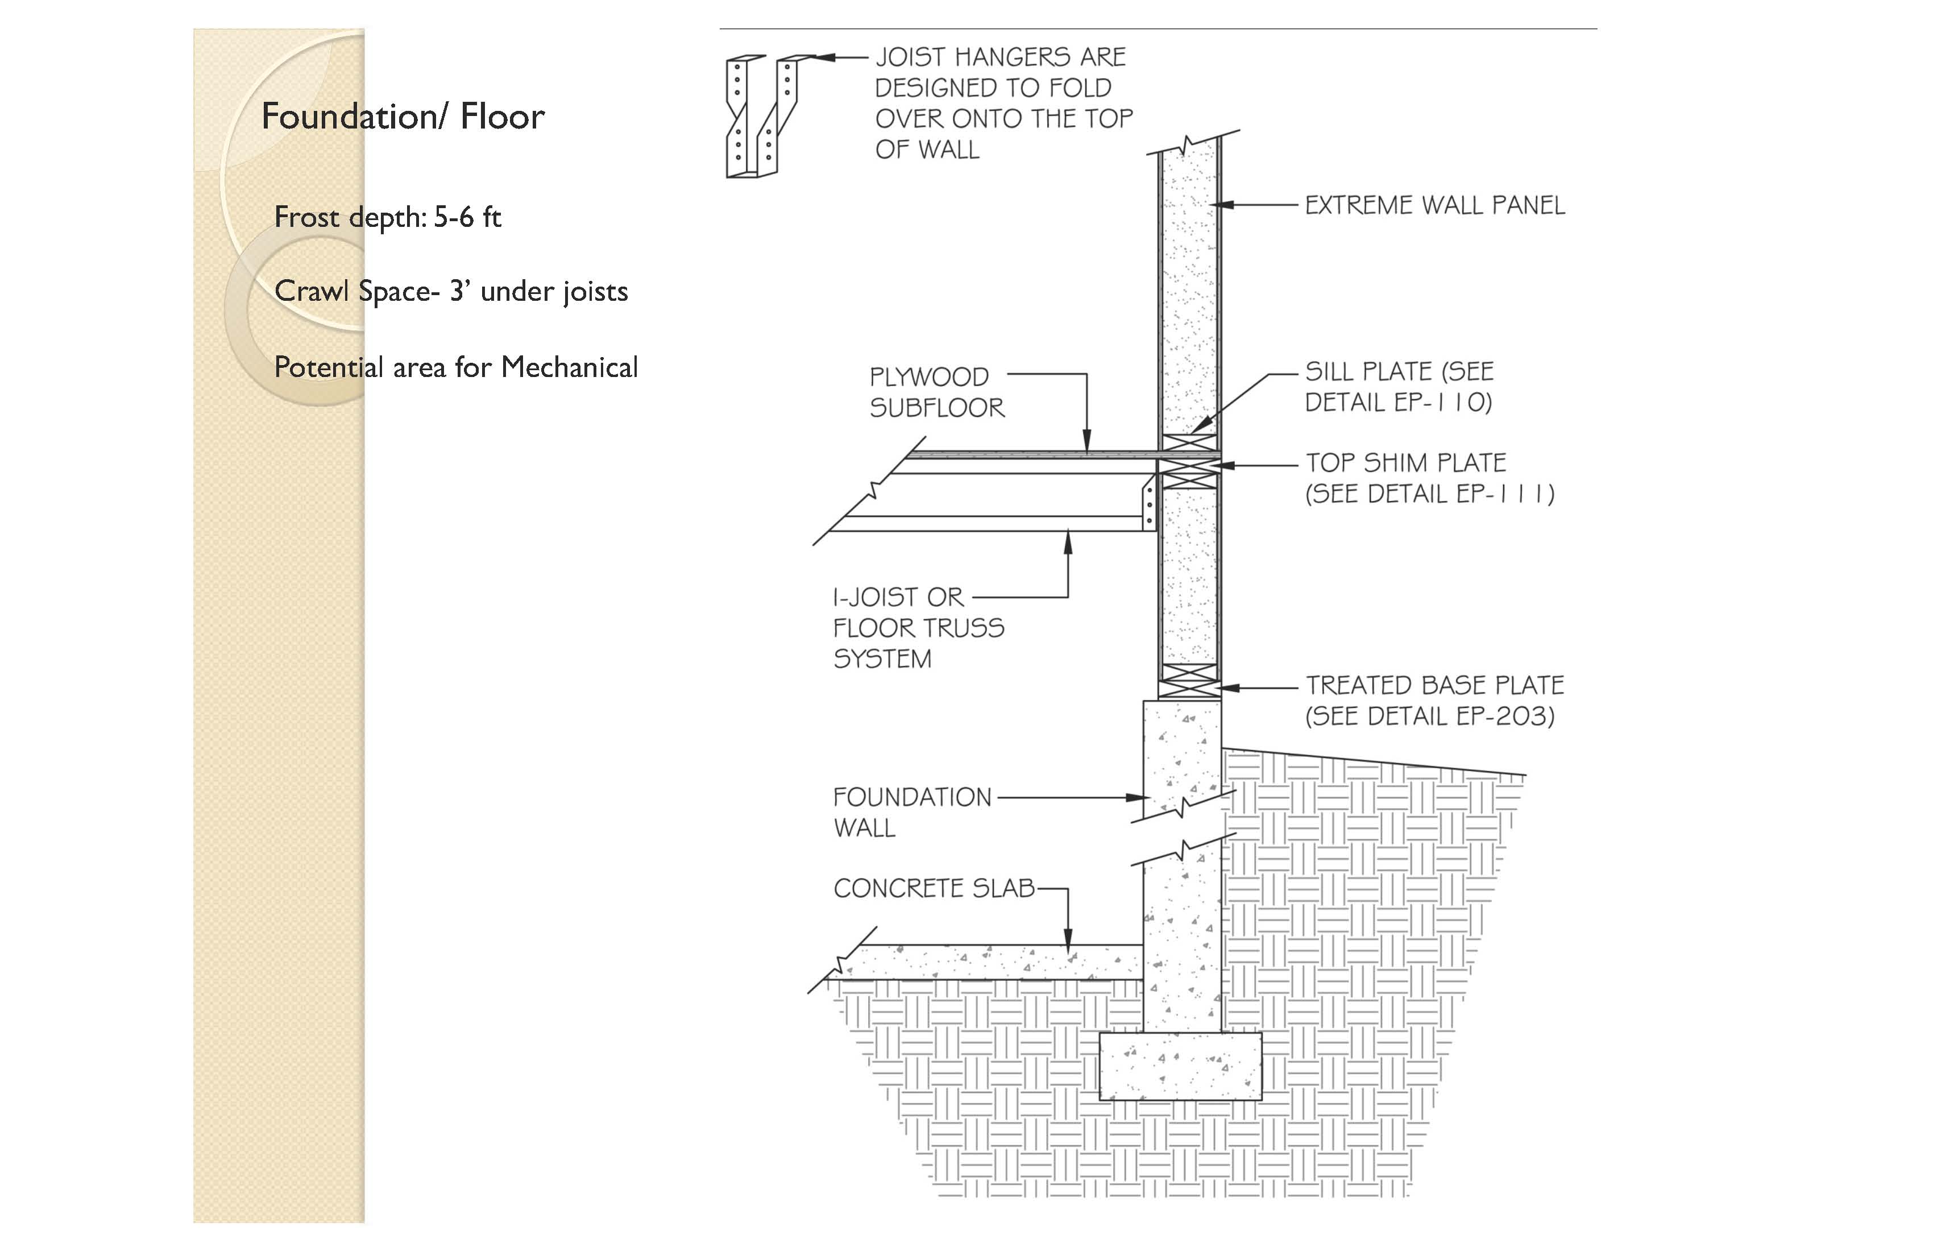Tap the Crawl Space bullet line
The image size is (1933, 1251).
pyautogui.click(x=451, y=291)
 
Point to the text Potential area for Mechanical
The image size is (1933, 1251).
pyautogui.click(x=455, y=367)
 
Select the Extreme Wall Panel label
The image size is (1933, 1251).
pyautogui.click(x=1434, y=205)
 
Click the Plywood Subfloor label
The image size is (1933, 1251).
pyautogui.click(x=936, y=392)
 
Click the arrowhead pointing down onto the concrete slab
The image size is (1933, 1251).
pyautogui.click(x=1068, y=938)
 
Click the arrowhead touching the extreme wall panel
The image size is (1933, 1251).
pyautogui.click(x=1224, y=205)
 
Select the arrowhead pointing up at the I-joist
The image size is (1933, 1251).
pyautogui.click(x=1068, y=542)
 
